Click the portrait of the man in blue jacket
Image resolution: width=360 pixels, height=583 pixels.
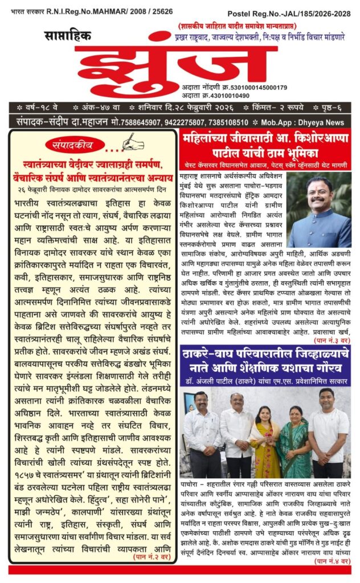(319, 210)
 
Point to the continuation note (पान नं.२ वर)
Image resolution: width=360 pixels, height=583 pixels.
(152, 559)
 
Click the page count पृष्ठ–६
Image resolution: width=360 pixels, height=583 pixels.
(337, 107)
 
